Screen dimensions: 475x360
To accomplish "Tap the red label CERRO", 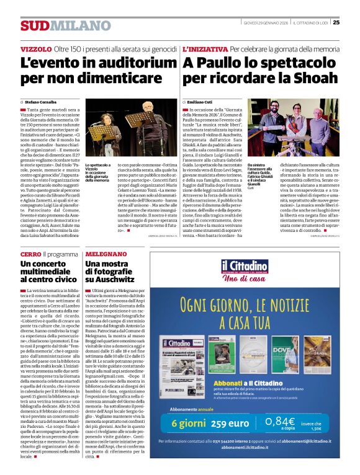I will click(x=30, y=254).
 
